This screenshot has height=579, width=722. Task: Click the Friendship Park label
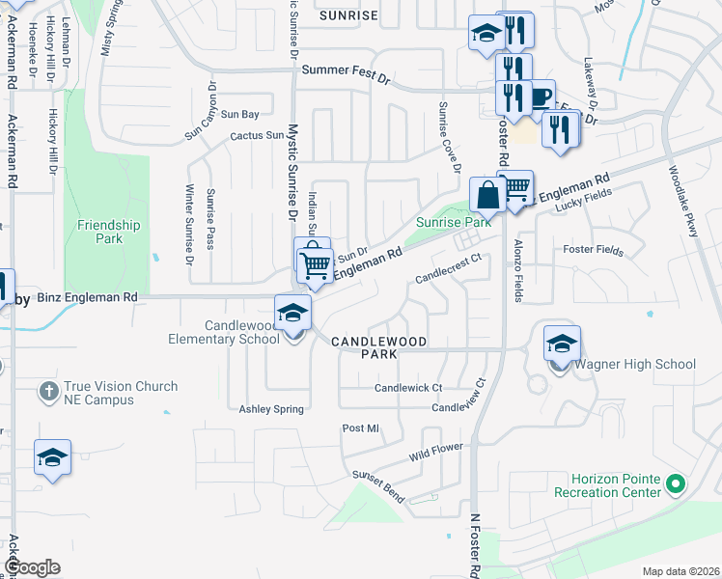[x=109, y=232]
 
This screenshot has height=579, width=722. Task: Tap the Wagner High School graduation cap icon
[x=562, y=343]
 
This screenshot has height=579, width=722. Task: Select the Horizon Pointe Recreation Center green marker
[x=677, y=482]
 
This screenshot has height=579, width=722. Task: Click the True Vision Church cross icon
[x=49, y=391]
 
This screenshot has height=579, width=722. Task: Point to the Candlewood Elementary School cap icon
[x=292, y=312]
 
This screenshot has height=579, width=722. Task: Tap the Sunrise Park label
[x=454, y=222]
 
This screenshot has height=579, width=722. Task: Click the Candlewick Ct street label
[x=407, y=388]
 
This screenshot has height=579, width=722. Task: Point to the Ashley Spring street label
[x=271, y=409]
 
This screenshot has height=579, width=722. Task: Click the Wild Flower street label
[x=435, y=451]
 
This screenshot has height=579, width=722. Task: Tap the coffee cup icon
[x=539, y=96]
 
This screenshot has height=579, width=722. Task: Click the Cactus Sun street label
[x=257, y=136]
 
